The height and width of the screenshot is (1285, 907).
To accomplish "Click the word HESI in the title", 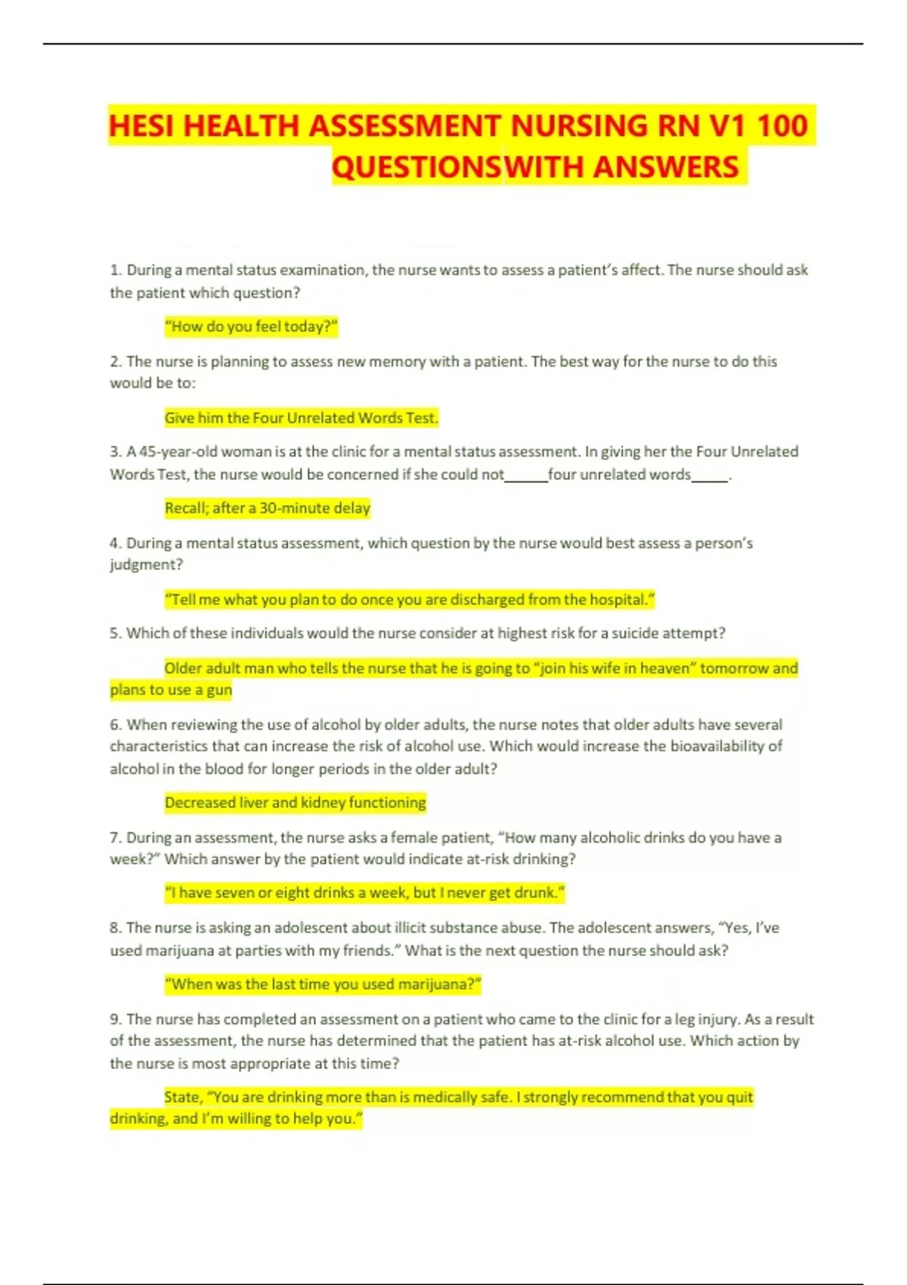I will pos(142,125).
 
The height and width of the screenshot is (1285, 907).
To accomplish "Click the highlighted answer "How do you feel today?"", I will pos(251,327).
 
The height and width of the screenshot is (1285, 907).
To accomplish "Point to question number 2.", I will pos(116,361).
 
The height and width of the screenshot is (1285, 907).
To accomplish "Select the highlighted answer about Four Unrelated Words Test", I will pos(301,417).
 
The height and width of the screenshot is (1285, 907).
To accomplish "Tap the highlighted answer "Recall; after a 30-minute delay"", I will pos(268,508).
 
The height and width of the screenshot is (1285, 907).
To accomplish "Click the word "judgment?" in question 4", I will pos(147,565).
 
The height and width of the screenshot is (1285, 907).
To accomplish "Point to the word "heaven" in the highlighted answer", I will pos(664,668).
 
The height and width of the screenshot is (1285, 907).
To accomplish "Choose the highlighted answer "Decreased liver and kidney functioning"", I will pos(295,803).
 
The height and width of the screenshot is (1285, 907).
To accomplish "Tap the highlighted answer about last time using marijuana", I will pos(323,984).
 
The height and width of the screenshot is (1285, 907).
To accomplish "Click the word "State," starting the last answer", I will pos(183,1097).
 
